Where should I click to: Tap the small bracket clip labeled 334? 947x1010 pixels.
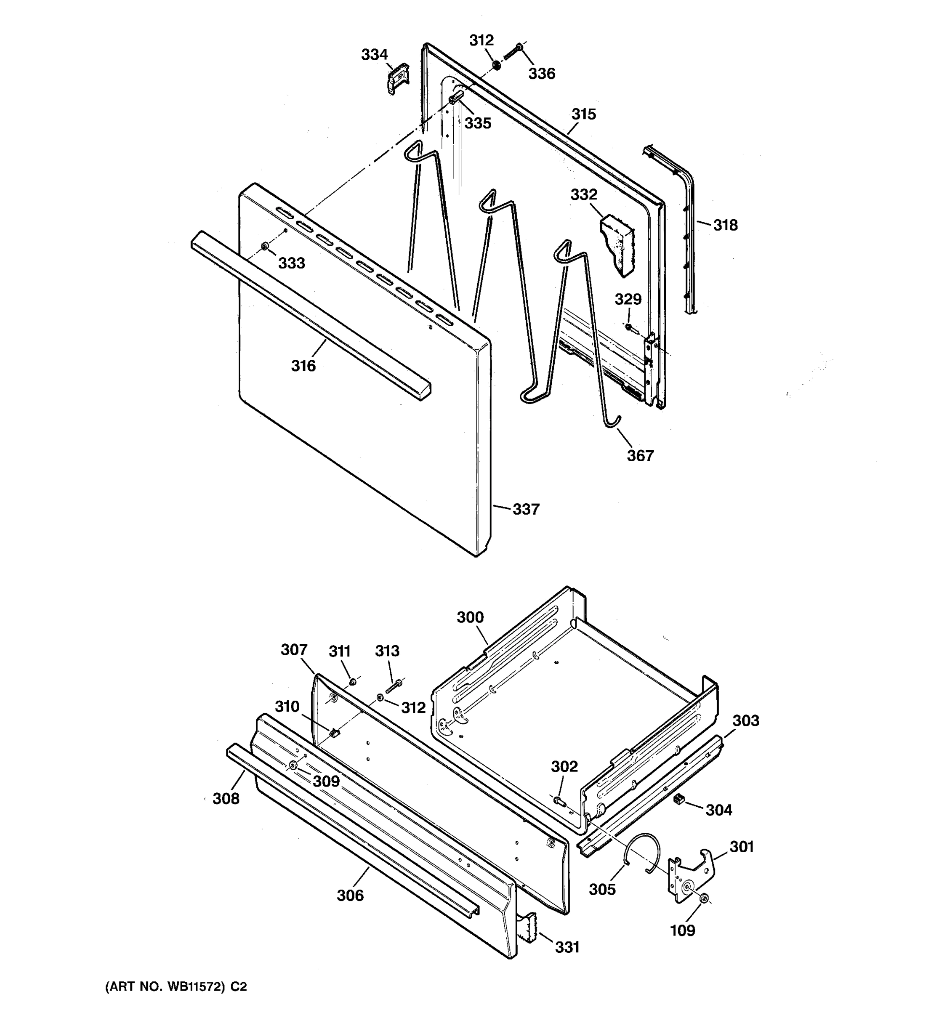398,78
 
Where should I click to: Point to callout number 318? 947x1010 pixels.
725,225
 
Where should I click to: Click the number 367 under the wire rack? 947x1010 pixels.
640,456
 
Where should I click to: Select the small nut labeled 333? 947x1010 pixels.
265,247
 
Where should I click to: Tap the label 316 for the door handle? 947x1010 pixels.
303,366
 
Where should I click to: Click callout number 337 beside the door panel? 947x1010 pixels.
525,509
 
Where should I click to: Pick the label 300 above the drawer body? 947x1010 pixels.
470,617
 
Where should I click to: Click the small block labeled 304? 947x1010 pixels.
677,799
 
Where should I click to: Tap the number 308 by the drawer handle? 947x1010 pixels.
226,799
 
